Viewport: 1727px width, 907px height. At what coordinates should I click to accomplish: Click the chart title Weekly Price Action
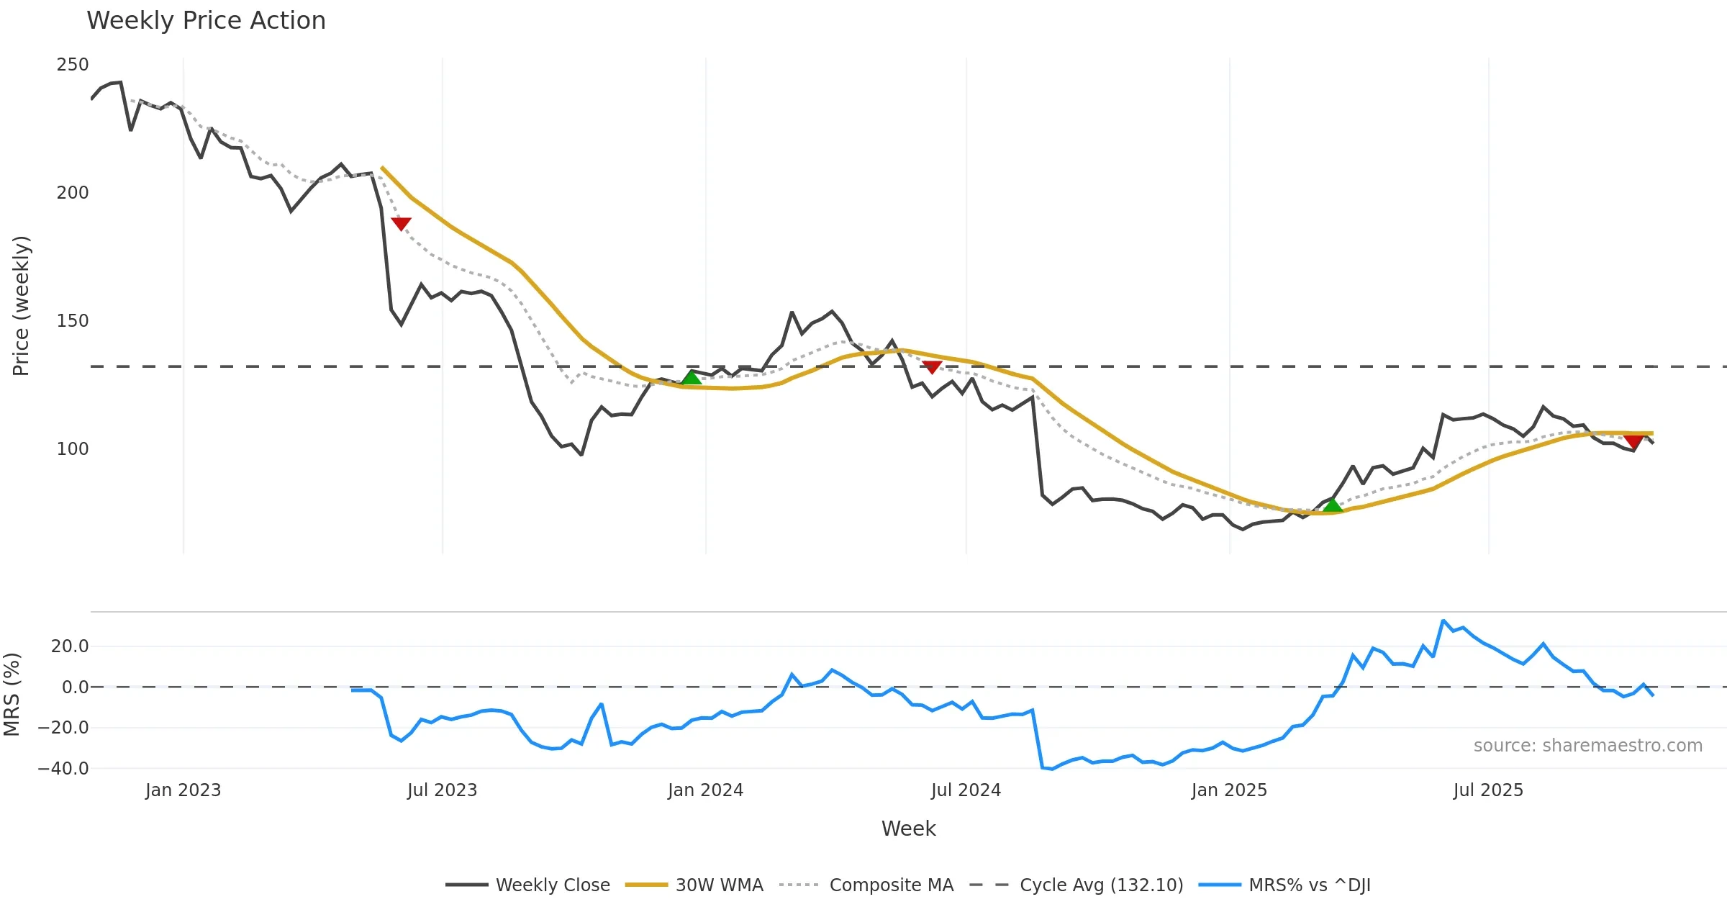(x=206, y=21)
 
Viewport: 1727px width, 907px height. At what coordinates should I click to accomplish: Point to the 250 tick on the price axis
(x=73, y=65)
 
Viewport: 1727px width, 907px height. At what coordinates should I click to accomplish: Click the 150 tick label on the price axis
(x=73, y=321)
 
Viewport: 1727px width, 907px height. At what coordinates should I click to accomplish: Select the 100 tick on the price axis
(x=73, y=449)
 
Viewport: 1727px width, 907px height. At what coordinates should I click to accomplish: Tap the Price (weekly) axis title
(x=21, y=306)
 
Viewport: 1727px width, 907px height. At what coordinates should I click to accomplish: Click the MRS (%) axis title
(x=12, y=694)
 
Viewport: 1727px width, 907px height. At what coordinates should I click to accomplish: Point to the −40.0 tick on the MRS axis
(x=63, y=769)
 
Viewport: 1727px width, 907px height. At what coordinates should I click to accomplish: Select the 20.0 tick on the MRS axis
(x=70, y=646)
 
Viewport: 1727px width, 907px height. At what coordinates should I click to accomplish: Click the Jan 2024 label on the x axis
(x=705, y=790)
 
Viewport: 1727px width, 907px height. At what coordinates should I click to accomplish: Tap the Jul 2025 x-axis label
(x=1488, y=790)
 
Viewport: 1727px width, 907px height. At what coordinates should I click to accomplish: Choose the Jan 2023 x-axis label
(x=183, y=790)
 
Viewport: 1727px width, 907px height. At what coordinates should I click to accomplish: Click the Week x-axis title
(x=908, y=829)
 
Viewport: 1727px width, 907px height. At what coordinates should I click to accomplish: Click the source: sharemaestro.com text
(x=1587, y=746)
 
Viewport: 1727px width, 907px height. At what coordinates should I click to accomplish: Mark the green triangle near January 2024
(x=691, y=378)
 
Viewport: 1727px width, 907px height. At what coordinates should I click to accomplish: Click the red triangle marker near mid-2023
(x=401, y=224)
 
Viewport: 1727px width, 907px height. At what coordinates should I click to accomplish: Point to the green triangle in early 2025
(x=1333, y=505)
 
